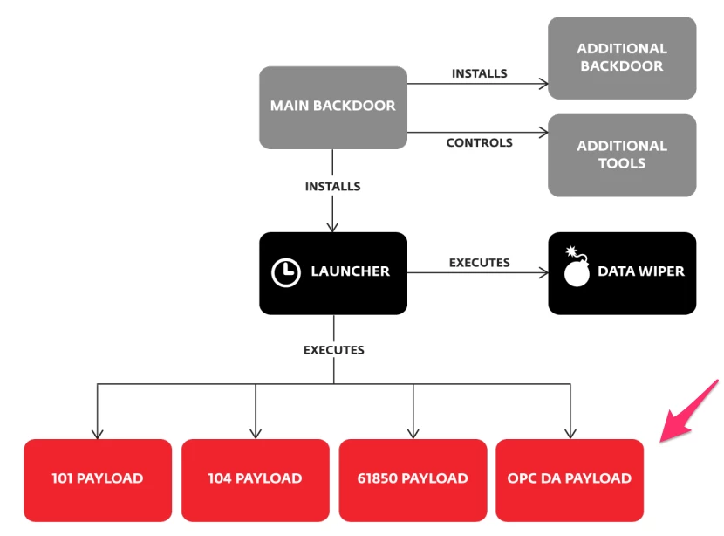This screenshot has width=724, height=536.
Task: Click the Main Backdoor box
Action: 333,107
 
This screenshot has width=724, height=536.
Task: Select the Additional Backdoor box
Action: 622,58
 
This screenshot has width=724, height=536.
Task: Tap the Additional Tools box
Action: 622,155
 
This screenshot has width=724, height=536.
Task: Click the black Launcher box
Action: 333,272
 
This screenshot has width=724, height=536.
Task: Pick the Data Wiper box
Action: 622,272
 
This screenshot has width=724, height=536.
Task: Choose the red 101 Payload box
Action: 97,479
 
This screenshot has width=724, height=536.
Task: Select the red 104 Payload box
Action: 255,479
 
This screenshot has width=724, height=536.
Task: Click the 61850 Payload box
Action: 413,479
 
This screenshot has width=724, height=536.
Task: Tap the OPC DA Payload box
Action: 570,479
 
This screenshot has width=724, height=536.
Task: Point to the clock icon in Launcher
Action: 286,272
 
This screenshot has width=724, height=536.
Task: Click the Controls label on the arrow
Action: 479,143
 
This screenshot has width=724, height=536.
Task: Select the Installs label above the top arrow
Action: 479,74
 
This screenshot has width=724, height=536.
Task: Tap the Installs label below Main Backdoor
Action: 332,187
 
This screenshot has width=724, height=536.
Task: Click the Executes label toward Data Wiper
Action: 479,263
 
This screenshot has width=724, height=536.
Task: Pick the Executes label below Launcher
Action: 333,350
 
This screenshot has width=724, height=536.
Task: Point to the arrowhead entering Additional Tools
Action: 543,134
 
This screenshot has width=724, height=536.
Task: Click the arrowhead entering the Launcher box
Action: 332,227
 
